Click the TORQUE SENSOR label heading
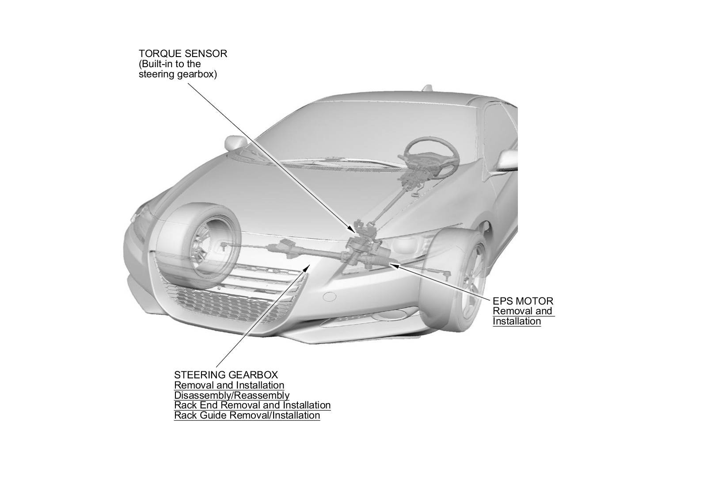tap(183, 54)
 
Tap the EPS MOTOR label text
tap(523, 301)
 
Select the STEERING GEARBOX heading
tap(226, 375)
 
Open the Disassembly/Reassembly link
tap(232, 395)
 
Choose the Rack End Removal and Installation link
tap(252, 405)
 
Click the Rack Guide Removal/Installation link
tap(247, 416)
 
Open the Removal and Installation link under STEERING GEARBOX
tap(229, 385)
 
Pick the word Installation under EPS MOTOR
tap(517, 321)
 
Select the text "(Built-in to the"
tap(170, 64)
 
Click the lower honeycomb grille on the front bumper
tap(225, 303)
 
